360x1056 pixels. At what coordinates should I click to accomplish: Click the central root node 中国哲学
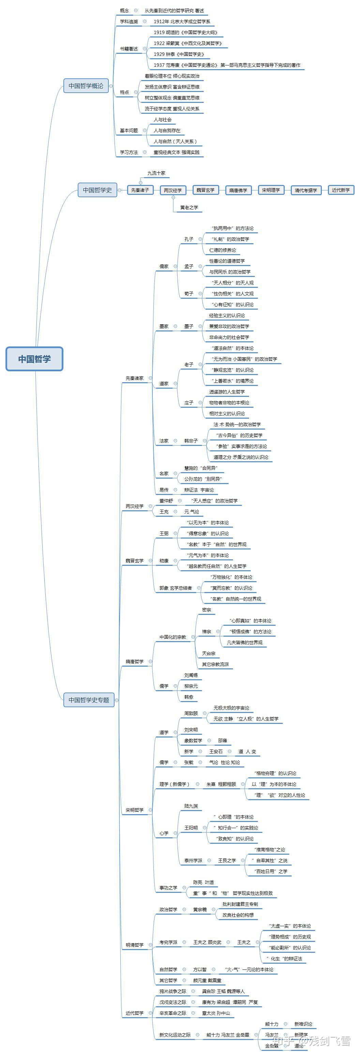[x=34, y=359]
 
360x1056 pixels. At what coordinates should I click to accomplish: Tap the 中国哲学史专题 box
[x=89, y=700]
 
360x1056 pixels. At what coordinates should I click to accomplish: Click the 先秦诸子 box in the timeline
[x=140, y=190]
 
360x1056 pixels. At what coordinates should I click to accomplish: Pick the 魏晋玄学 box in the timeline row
[x=205, y=190]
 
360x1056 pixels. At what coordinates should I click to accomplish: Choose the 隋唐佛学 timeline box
[x=238, y=190]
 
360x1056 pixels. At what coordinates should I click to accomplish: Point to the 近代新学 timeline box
[x=340, y=190]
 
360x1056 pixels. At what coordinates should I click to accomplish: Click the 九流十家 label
[x=156, y=173]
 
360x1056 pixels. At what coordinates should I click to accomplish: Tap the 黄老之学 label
[x=189, y=207]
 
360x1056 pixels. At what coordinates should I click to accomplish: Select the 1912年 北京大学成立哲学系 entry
[x=182, y=21]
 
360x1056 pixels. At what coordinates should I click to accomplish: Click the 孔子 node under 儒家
[x=189, y=239]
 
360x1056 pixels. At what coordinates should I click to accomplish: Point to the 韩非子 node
[x=191, y=441]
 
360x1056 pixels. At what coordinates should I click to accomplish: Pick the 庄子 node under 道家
[x=189, y=403]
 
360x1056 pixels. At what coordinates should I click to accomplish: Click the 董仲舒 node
[x=166, y=500]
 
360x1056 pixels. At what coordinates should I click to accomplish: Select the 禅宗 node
[x=206, y=632]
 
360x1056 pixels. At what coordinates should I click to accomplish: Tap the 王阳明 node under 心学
[x=191, y=828]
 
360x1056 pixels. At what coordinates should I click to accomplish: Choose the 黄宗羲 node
[x=200, y=909]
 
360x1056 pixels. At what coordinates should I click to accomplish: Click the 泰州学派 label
[x=193, y=860]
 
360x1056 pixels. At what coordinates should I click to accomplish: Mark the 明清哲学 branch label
[x=134, y=945]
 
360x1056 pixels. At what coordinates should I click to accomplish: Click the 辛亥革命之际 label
[x=172, y=1013]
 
